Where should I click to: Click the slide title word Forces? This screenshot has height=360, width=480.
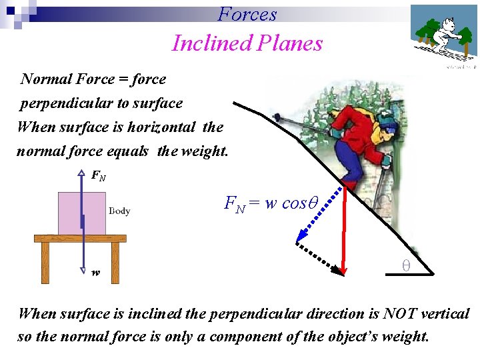click(x=247, y=14)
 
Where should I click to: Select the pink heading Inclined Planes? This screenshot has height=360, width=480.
click(x=247, y=43)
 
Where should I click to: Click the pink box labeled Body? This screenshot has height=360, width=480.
click(x=82, y=213)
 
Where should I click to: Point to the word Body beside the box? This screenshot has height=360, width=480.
click(x=119, y=211)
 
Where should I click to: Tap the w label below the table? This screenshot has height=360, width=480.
click(x=96, y=273)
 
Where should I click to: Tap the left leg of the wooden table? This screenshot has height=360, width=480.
click(x=45, y=261)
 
